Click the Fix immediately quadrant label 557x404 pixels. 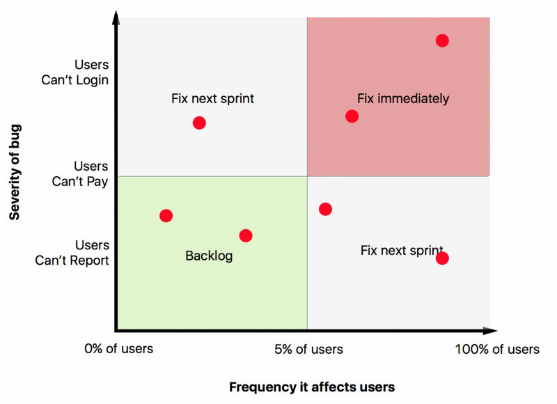click(403, 98)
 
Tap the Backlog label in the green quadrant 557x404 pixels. click(209, 256)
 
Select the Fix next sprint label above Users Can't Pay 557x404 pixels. click(212, 98)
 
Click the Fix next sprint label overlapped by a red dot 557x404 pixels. click(401, 250)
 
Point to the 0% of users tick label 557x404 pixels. click(118, 349)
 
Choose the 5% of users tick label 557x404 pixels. click(309, 349)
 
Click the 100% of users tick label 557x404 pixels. click(497, 349)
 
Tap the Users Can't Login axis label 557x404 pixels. click(75, 72)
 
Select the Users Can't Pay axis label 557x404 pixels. click(81, 173)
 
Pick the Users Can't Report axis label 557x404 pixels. click(73, 253)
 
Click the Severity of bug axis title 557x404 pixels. click(15, 172)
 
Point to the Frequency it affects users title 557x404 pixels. click(312, 387)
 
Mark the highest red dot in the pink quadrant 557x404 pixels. click(442, 40)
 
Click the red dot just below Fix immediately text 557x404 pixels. click(352, 116)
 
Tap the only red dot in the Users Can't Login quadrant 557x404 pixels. click(199, 123)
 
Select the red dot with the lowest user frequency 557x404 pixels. click(166, 215)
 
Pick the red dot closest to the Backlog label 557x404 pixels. click(246, 235)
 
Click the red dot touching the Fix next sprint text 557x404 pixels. click(442, 258)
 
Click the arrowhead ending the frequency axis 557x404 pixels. click(492, 331)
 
